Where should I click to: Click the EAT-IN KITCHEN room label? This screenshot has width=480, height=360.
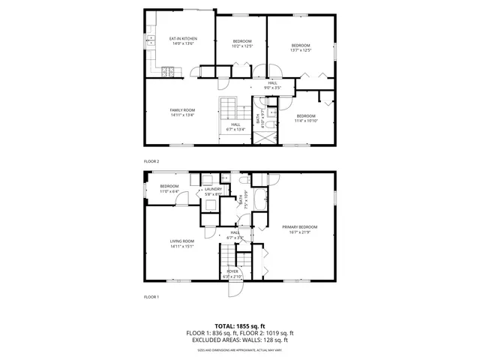click(x=182, y=38)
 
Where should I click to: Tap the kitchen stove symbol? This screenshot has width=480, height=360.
click(x=170, y=72)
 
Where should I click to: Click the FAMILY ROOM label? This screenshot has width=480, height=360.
click(x=182, y=110)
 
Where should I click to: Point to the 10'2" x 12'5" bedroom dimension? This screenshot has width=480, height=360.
click(x=241, y=46)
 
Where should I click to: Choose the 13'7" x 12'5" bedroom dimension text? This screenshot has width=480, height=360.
click(x=301, y=51)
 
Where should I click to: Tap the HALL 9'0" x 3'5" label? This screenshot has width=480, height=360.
click(x=272, y=88)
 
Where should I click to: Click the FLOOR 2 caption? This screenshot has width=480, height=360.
click(x=151, y=161)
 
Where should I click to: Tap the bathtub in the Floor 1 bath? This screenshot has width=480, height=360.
click(x=261, y=200)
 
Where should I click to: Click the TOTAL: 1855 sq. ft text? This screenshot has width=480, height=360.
click(x=240, y=325)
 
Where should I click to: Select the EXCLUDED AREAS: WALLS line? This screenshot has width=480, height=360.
click(x=240, y=340)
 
